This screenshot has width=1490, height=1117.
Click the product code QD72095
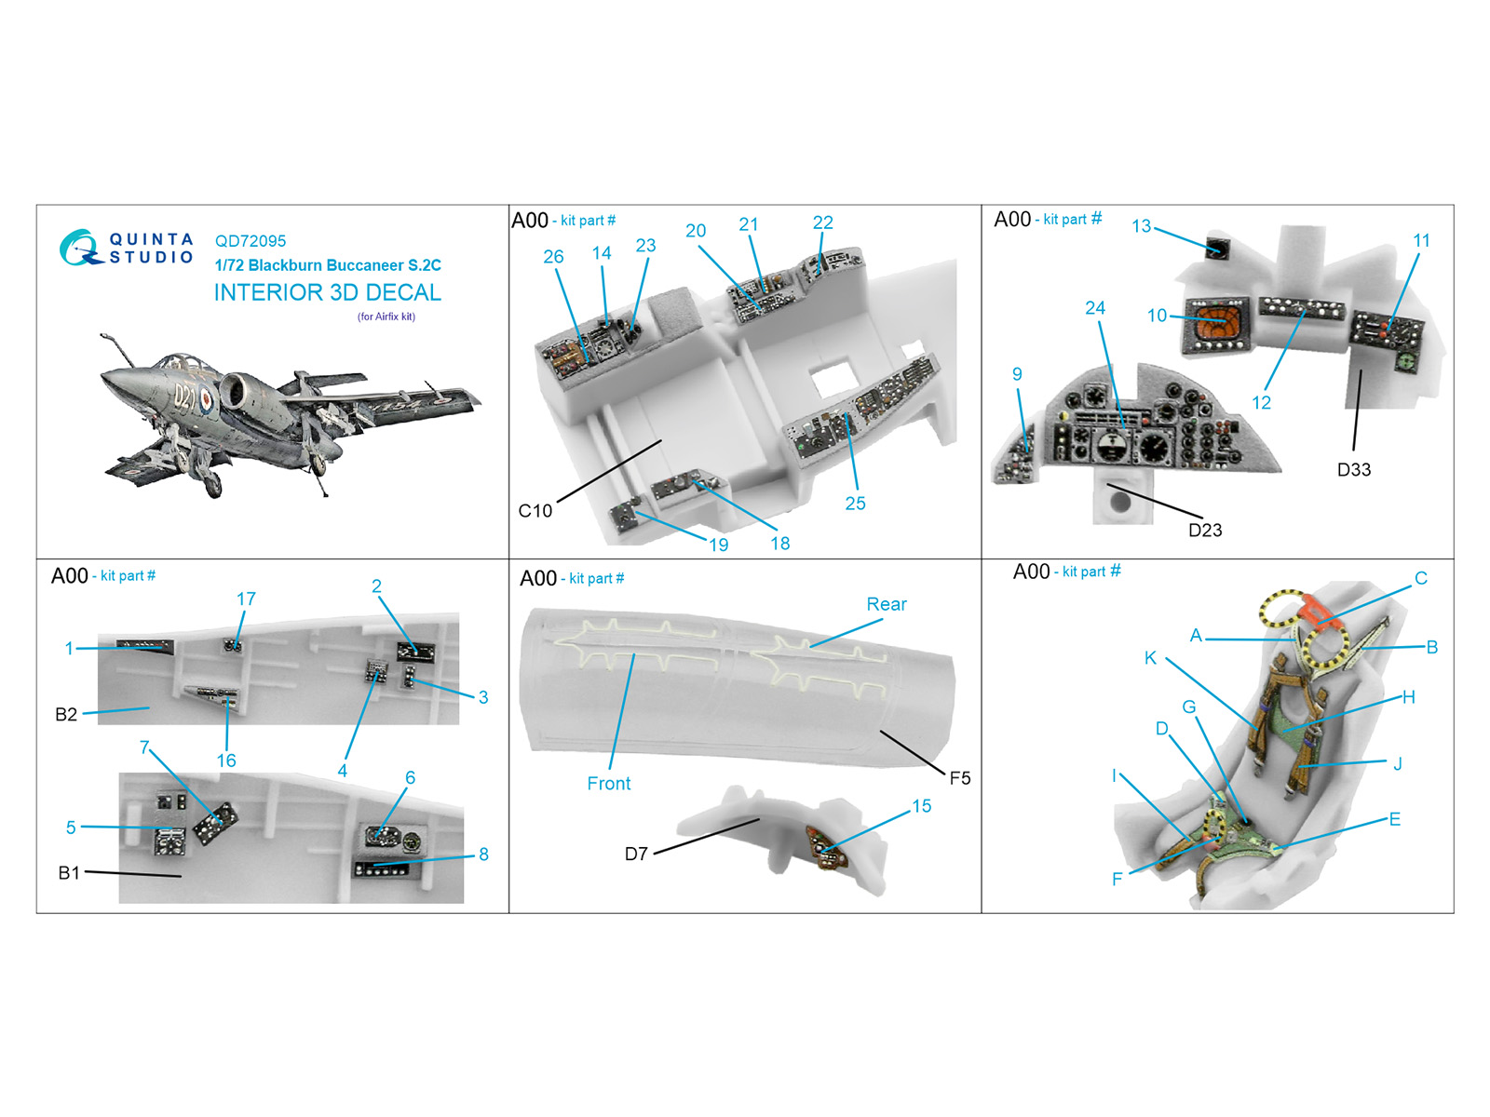(250, 241)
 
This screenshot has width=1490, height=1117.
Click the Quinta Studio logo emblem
(80, 247)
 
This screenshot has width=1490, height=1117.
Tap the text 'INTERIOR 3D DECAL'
(327, 292)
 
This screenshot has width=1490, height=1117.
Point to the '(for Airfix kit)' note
(386, 316)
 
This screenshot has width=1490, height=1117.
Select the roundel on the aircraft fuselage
(204, 403)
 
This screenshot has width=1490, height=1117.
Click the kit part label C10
(535, 511)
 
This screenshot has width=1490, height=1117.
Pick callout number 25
(855, 504)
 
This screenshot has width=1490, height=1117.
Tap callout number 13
(1141, 226)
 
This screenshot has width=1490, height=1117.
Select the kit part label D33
(1353, 469)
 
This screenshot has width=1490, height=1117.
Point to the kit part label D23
(1205, 530)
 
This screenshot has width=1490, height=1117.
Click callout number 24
(1095, 308)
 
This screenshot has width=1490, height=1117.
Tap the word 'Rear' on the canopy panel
(887, 604)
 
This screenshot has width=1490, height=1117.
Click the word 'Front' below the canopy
(608, 784)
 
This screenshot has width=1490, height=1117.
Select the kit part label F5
(959, 778)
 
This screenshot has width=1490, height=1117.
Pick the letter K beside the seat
(1150, 658)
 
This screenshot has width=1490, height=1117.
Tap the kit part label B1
(69, 873)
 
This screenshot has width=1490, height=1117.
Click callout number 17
(246, 599)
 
